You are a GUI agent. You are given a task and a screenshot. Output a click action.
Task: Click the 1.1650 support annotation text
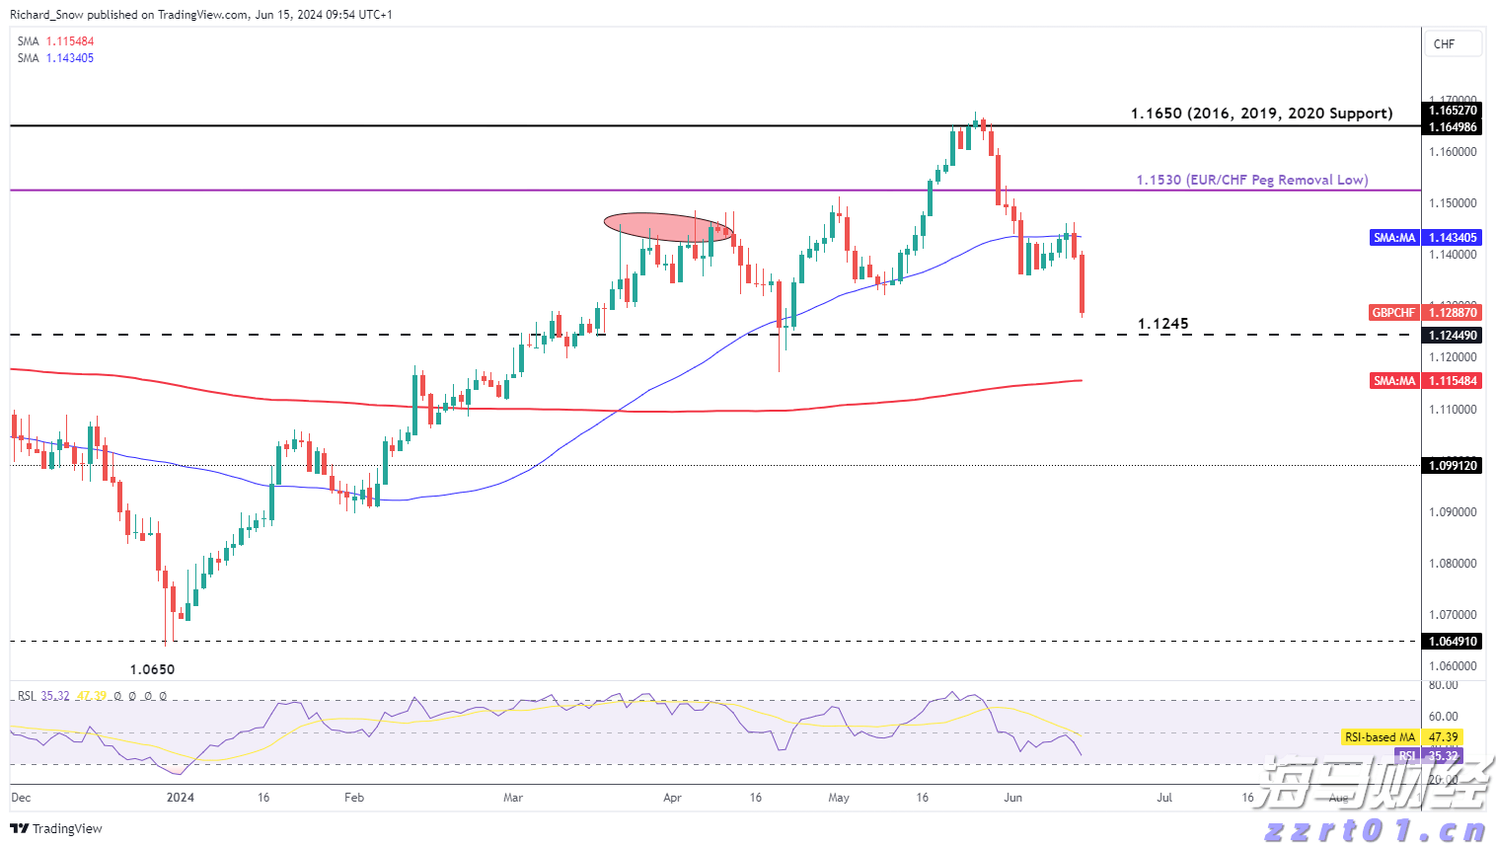[x=1261, y=114]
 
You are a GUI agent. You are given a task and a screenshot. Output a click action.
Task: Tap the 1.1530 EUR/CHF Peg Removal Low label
[x=1251, y=180]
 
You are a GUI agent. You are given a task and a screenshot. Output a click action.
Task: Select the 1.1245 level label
[x=1162, y=324]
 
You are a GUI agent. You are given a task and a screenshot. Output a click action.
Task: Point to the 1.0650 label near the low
[x=152, y=669]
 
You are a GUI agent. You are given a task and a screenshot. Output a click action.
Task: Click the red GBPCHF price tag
[x=1425, y=313]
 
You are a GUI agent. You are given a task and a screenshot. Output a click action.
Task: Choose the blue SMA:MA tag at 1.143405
[x=1426, y=238]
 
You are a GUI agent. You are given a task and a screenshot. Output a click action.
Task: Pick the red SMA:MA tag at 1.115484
[x=1426, y=381]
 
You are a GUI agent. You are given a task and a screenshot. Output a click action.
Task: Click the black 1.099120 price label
[x=1454, y=466]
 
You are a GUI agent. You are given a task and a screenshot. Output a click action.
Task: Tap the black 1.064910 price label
[x=1454, y=642]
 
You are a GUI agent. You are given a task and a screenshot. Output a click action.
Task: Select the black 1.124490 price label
[x=1454, y=336]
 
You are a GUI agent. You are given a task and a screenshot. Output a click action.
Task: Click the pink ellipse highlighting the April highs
[x=668, y=227]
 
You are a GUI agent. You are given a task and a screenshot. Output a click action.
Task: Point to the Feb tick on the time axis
[x=354, y=798]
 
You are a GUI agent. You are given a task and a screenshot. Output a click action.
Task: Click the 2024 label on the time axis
[x=181, y=798]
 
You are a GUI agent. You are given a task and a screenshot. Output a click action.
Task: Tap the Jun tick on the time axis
[x=1012, y=798]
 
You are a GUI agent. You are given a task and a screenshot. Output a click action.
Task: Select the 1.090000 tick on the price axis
[x=1454, y=512]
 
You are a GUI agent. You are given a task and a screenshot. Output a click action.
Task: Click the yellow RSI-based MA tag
[x=1401, y=737]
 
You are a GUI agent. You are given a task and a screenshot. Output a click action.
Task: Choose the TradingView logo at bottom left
[x=56, y=829]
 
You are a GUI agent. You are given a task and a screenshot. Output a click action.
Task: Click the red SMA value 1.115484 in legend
[x=70, y=41]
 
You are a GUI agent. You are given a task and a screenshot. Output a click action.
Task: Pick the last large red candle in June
[x=1083, y=284]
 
